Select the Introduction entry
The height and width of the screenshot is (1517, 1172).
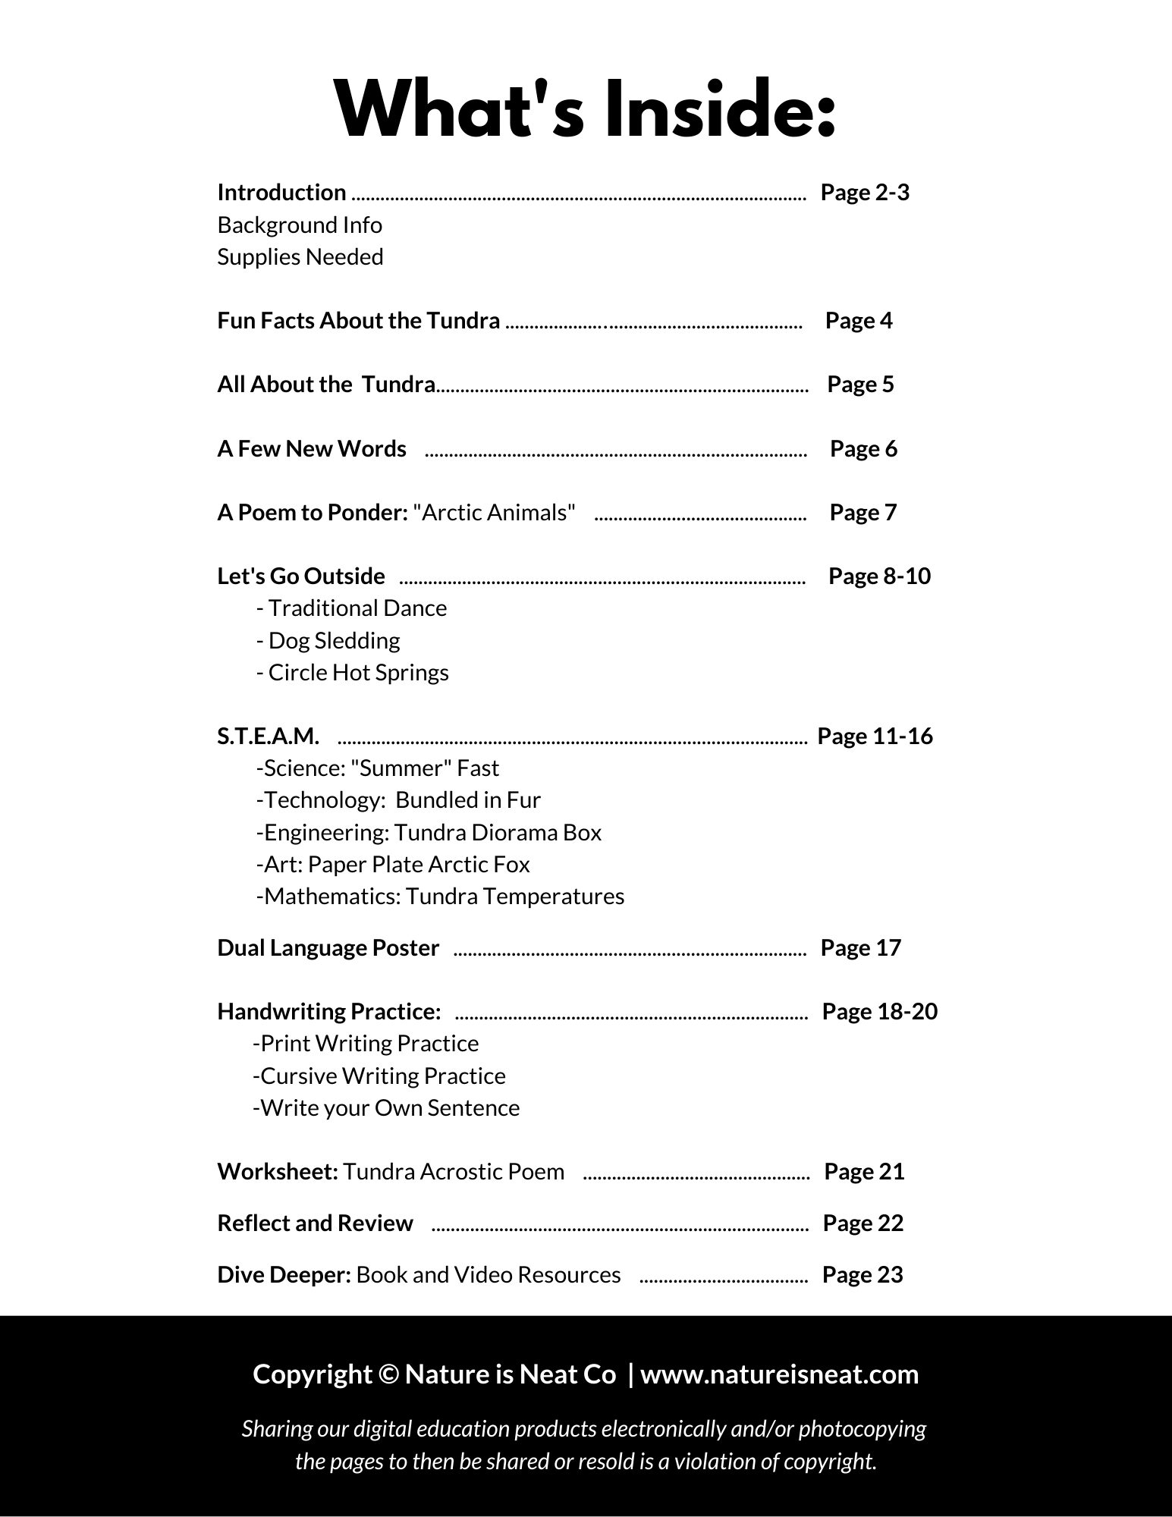tap(281, 193)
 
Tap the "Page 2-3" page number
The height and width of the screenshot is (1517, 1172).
tap(865, 193)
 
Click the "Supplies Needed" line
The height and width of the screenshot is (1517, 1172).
tap(300, 257)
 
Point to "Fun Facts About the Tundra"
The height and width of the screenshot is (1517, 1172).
tap(358, 321)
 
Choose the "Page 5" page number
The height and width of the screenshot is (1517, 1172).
tap(860, 385)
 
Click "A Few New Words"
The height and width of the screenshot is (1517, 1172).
tap(312, 449)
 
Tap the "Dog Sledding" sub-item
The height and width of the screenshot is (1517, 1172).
tap(328, 641)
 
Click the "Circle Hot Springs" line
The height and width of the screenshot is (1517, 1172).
tap(353, 673)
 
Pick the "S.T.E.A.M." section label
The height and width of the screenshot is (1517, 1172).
tap(269, 737)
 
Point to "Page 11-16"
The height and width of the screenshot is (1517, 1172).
tap(875, 737)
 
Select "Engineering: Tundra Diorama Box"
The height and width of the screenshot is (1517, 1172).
tap(429, 833)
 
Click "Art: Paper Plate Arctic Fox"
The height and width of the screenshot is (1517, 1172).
tap(393, 865)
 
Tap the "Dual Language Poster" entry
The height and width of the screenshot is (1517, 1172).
tap(328, 948)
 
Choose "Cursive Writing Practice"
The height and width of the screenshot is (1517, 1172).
tap(379, 1076)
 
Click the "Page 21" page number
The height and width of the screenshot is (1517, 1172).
tap(864, 1172)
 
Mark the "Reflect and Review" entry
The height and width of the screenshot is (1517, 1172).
tap(315, 1223)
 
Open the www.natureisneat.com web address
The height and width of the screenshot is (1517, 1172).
tap(779, 1374)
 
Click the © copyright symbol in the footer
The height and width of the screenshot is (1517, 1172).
tap(388, 1374)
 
